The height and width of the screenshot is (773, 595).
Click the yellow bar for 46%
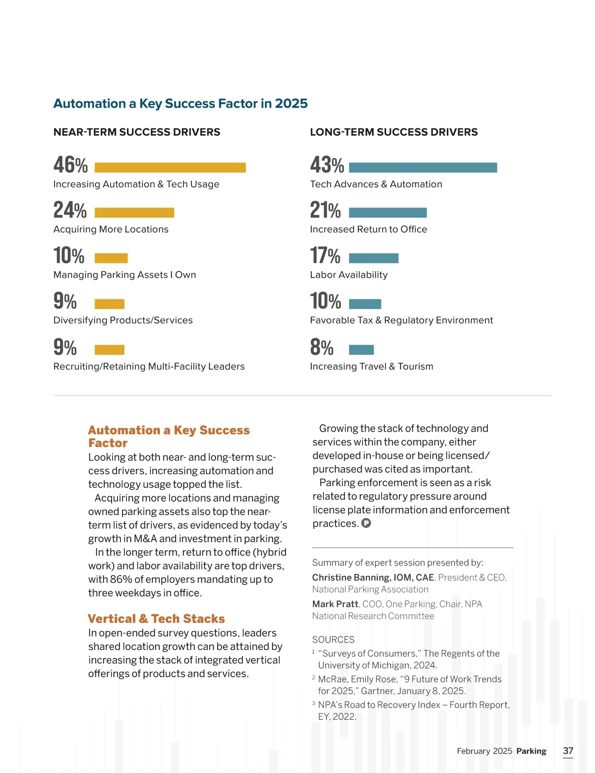click(170, 168)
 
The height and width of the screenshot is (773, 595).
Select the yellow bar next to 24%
click(134, 213)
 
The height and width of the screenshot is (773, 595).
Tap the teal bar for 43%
click(423, 168)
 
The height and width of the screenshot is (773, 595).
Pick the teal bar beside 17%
click(374, 258)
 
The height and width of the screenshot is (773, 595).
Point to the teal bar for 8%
click(361, 350)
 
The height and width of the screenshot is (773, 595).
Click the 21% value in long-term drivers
click(325, 210)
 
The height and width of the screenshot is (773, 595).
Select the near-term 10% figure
click(69, 256)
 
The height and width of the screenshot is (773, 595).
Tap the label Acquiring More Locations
click(111, 229)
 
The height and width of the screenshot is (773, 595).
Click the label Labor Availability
click(349, 275)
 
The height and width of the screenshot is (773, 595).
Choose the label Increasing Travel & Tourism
click(371, 367)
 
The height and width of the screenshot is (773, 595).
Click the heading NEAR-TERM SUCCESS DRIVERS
click(137, 132)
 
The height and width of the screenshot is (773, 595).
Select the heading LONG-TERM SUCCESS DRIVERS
click(394, 132)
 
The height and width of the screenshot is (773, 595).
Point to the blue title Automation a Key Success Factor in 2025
click(180, 103)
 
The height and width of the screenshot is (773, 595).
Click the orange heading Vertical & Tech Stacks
click(156, 619)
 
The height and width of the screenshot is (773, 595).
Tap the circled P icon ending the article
click(366, 523)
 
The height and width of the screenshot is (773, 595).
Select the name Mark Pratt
click(335, 604)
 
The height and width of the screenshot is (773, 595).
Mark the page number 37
click(568, 751)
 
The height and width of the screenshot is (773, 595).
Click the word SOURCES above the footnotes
click(333, 640)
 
